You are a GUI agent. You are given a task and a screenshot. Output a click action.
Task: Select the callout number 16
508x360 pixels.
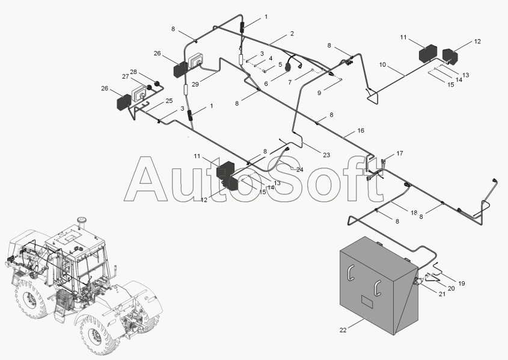[361, 130]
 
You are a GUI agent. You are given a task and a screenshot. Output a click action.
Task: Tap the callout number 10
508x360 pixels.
[382, 64]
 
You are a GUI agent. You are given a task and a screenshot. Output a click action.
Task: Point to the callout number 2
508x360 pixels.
[292, 34]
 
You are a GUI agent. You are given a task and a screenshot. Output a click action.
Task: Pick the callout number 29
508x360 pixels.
[195, 85]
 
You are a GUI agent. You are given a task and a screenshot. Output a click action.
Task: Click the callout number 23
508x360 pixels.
[326, 155]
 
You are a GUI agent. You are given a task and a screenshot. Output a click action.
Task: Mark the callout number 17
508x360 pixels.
[400, 153]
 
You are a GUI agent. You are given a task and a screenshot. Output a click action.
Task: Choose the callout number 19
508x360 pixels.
[461, 282]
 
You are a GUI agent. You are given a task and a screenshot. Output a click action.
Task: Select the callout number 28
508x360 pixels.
[133, 72]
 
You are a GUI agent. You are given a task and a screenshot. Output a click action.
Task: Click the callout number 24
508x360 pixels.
[299, 169]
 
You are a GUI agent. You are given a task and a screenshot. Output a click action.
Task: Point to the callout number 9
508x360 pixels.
[320, 93]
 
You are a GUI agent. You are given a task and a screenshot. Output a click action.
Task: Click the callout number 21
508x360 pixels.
[442, 294]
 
